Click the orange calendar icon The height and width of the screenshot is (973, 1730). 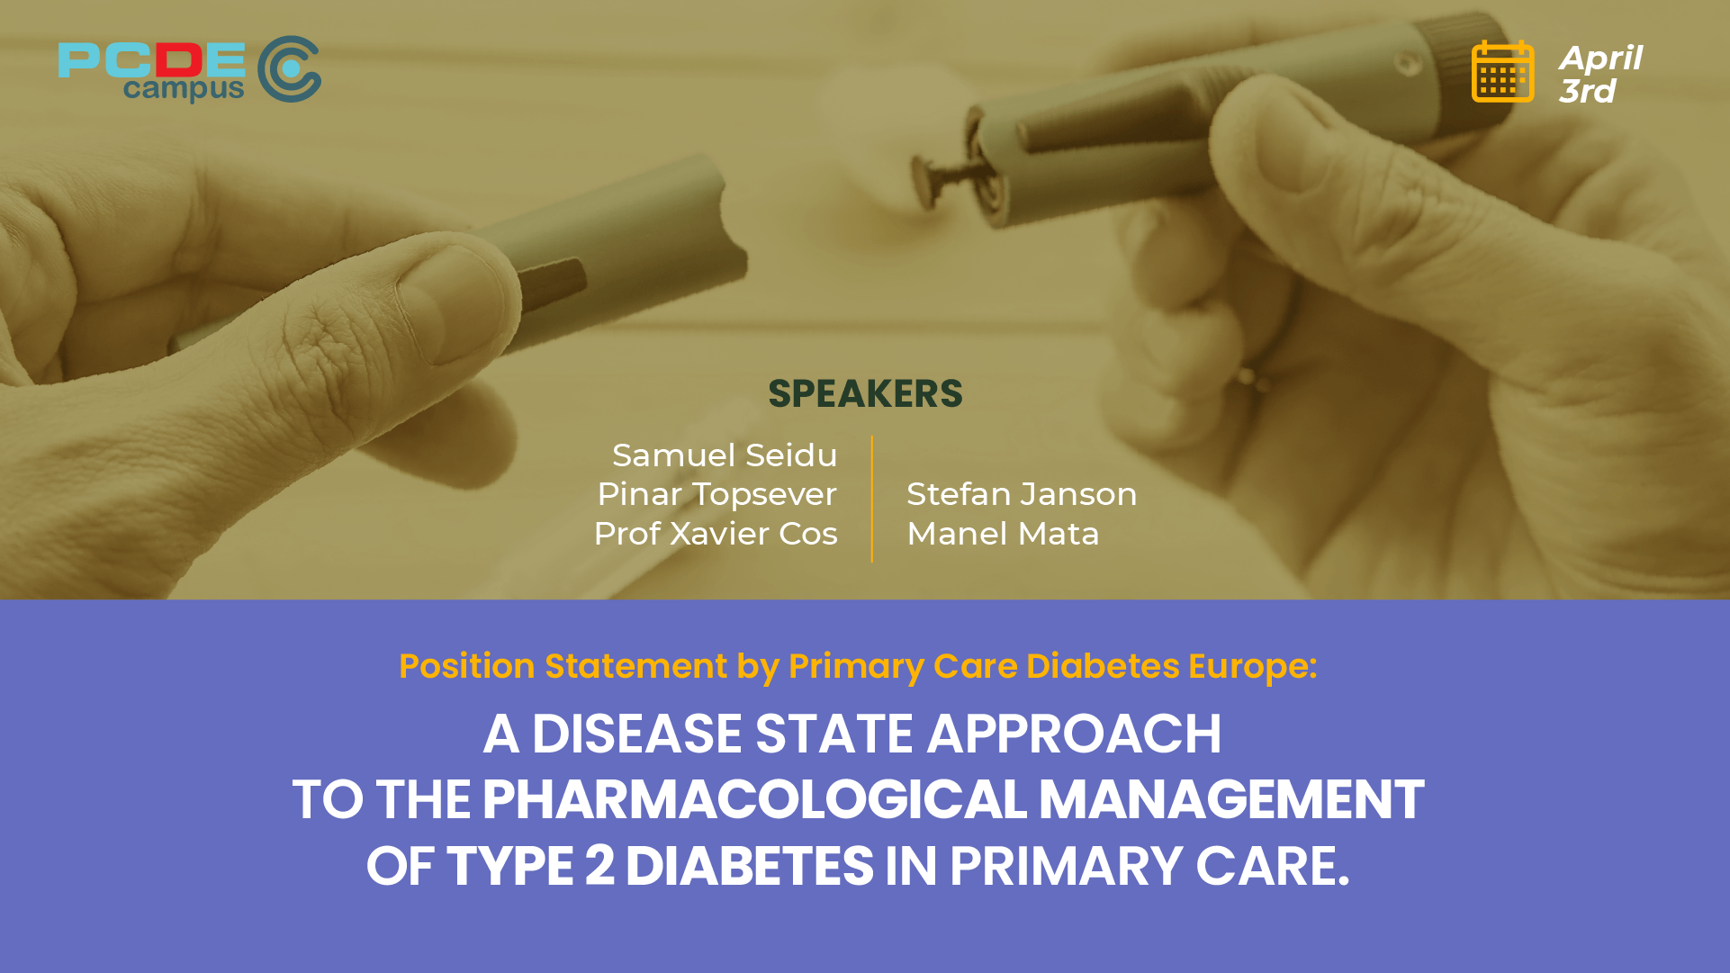pyautogui.click(x=1502, y=72)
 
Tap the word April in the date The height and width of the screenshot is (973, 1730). pyautogui.click(x=1600, y=59)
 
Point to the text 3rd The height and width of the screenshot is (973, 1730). pyautogui.click(x=1587, y=91)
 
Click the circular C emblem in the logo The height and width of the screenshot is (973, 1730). pyautogui.click(x=289, y=69)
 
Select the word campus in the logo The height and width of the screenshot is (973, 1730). pyautogui.click(x=184, y=89)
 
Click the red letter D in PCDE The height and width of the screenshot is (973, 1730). pyautogui.click(x=177, y=59)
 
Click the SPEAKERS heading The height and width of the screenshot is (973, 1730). pyautogui.click(x=865, y=394)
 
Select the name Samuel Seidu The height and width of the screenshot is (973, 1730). pyautogui.click(x=725, y=455)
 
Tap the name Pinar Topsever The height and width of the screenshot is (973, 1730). pyautogui.click(x=716, y=494)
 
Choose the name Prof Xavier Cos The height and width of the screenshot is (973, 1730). pyautogui.click(x=716, y=534)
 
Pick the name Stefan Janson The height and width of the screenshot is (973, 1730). pyautogui.click(x=1022, y=494)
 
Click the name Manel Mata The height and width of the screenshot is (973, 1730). pyautogui.click(x=1003, y=534)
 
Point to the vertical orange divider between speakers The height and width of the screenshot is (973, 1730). pyautogui.click(x=872, y=499)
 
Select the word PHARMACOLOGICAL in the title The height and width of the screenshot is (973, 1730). pyautogui.click(x=754, y=799)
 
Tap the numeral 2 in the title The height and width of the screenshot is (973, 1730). pyautogui.click(x=599, y=866)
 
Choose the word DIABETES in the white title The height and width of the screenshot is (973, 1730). pyautogui.click(x=749, y=866)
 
